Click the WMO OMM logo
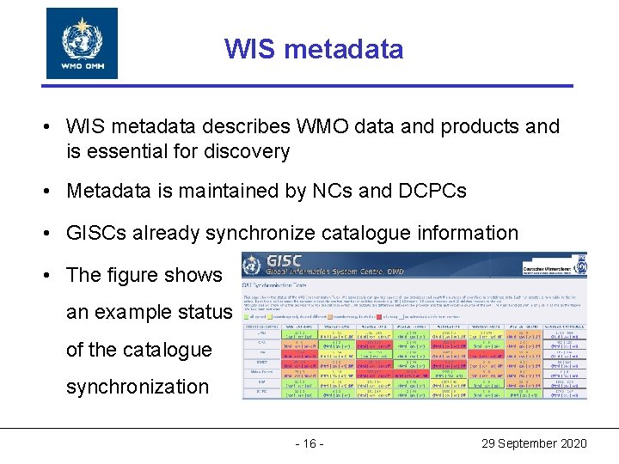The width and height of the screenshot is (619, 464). point(82,43)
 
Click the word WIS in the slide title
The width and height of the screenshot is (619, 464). point(248,49)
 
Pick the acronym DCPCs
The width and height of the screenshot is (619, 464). point(432,191)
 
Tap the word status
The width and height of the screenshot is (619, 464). point(204,313)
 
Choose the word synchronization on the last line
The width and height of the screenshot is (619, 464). point(138,387)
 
